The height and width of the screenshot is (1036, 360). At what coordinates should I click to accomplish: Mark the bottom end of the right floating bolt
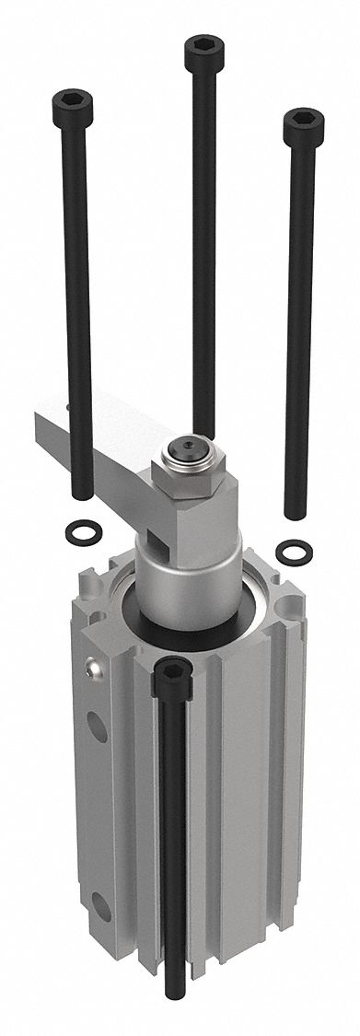click(x=296, y=514)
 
